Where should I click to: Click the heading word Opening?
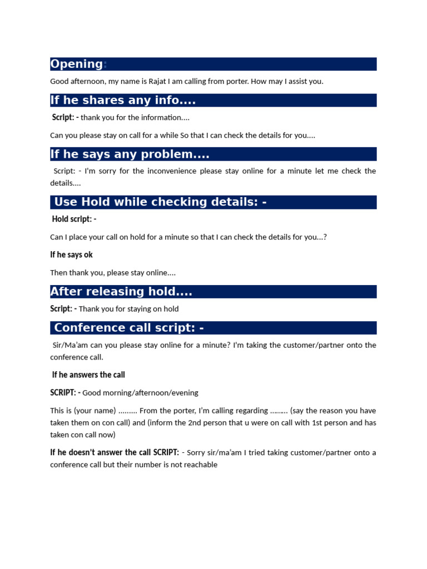pos(77,64)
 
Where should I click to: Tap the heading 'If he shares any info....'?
pos(123,100)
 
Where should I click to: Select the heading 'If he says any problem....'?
pos(130,154)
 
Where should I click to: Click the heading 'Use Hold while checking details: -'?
pos(160,202)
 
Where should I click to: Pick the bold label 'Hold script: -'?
pos(74,219)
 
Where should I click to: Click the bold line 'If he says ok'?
pos(71,254)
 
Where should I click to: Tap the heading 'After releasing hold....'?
pos(121,292)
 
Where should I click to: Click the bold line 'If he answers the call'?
pos(88,375)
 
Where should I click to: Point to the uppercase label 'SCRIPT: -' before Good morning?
pos(65,392)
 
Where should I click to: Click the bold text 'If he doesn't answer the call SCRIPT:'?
pos(115,452)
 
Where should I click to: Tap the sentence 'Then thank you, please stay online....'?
pos(113,273)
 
